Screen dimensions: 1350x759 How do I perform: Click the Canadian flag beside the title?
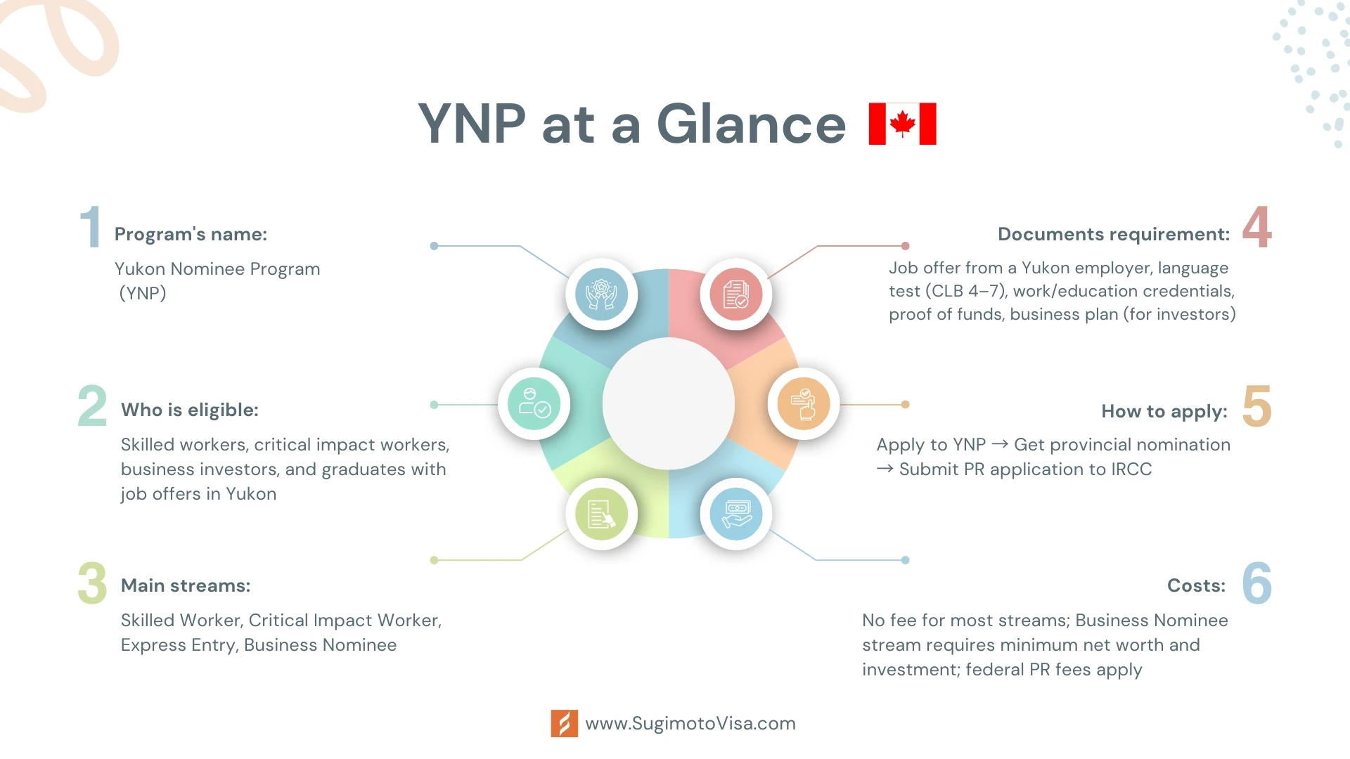tap(902, 124)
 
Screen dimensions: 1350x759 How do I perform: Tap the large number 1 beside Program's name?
tap(91, 226)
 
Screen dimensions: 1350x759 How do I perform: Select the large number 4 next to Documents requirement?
tap(1256, 226)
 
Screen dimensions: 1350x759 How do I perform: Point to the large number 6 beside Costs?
tap(1256, 583)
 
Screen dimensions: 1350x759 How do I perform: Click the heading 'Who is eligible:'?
tap(190, 410)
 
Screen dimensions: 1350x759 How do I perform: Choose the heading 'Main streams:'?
tap(186, 585)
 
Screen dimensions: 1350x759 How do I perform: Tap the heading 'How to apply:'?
tap(1164, 411)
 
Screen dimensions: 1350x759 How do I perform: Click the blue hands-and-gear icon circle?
tap(602, 294)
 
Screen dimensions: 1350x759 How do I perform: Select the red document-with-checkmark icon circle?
tap(736, 294)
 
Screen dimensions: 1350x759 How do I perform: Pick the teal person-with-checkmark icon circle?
tap(534, 403)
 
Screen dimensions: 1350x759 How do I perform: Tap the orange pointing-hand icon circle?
tap(804, 403)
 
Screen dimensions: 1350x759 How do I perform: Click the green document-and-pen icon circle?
tap(602, 514)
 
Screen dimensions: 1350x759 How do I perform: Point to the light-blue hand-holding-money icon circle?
tap(736, 514)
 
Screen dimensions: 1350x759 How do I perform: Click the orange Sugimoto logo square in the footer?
tap(565, 723)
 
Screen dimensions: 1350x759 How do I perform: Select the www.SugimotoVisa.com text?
tap(690, 724)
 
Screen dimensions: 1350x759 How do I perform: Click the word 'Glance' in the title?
tap(751, 124)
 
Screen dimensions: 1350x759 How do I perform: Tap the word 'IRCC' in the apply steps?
tap(1131, 469)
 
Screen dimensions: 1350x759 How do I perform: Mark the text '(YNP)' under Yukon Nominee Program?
tap(143, 293)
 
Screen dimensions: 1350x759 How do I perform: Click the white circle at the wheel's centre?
tap(669, 403)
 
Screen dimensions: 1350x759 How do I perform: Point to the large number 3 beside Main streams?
tap(92, 583)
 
